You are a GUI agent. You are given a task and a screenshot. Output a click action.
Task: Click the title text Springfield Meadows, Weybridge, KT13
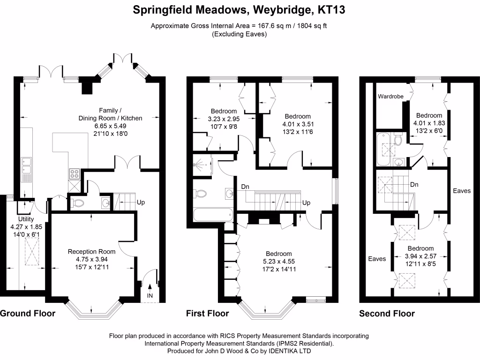point(240,10)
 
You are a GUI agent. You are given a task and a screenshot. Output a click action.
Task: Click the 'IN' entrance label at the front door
point(150,296)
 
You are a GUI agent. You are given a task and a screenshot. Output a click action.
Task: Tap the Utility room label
point(26,219)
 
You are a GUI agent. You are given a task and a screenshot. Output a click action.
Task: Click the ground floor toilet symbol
point(77,203)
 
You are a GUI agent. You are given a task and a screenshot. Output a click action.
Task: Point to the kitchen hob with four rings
point(75,174)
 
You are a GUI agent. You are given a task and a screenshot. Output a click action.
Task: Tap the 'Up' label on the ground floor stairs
point(140,202)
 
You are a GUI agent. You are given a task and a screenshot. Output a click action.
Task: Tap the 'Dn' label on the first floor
point(245,187)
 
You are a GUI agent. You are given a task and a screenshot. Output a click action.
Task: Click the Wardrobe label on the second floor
point(391,97)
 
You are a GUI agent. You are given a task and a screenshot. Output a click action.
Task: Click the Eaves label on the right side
point(461,191)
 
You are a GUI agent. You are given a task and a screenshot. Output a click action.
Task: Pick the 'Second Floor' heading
point(387,313)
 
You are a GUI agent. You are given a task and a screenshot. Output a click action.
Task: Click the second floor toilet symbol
point(398,140)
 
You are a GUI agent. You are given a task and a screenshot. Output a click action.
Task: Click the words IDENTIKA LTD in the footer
point(291,351)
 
